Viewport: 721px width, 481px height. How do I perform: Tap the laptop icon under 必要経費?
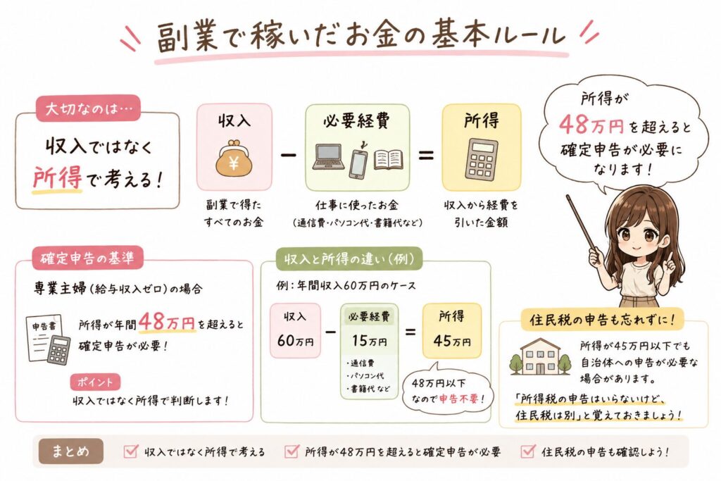329,159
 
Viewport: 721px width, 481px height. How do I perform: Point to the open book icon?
389,159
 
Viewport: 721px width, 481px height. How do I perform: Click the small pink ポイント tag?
95,382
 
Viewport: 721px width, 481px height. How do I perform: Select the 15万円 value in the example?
368,342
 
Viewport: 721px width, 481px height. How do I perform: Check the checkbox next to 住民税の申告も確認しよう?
527,451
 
